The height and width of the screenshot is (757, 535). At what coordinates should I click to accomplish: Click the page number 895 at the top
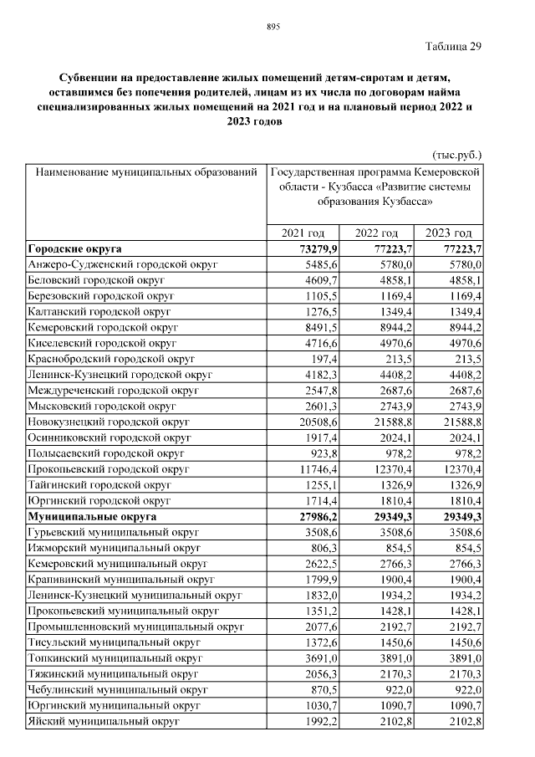tap(273, 27)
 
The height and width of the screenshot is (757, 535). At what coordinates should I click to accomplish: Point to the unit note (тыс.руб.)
tap(457, 155)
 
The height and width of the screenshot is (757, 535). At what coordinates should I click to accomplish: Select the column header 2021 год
tap(303, 233)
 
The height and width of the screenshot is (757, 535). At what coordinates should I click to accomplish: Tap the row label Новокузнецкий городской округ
tap(110, 422)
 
